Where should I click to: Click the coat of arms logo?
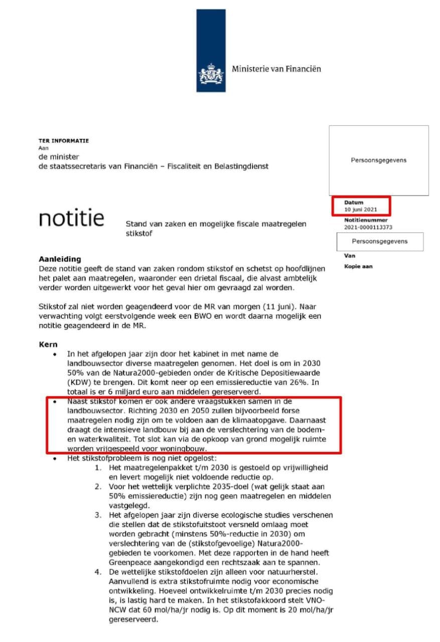211,74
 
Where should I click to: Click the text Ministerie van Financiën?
276,69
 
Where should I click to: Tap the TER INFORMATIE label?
64,141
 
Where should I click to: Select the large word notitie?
72,218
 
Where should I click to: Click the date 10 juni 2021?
360,209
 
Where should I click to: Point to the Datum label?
353,203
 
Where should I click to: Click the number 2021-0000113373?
368,227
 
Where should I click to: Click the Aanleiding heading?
60,259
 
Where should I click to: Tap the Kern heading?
48,346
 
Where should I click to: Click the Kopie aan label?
358,266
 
